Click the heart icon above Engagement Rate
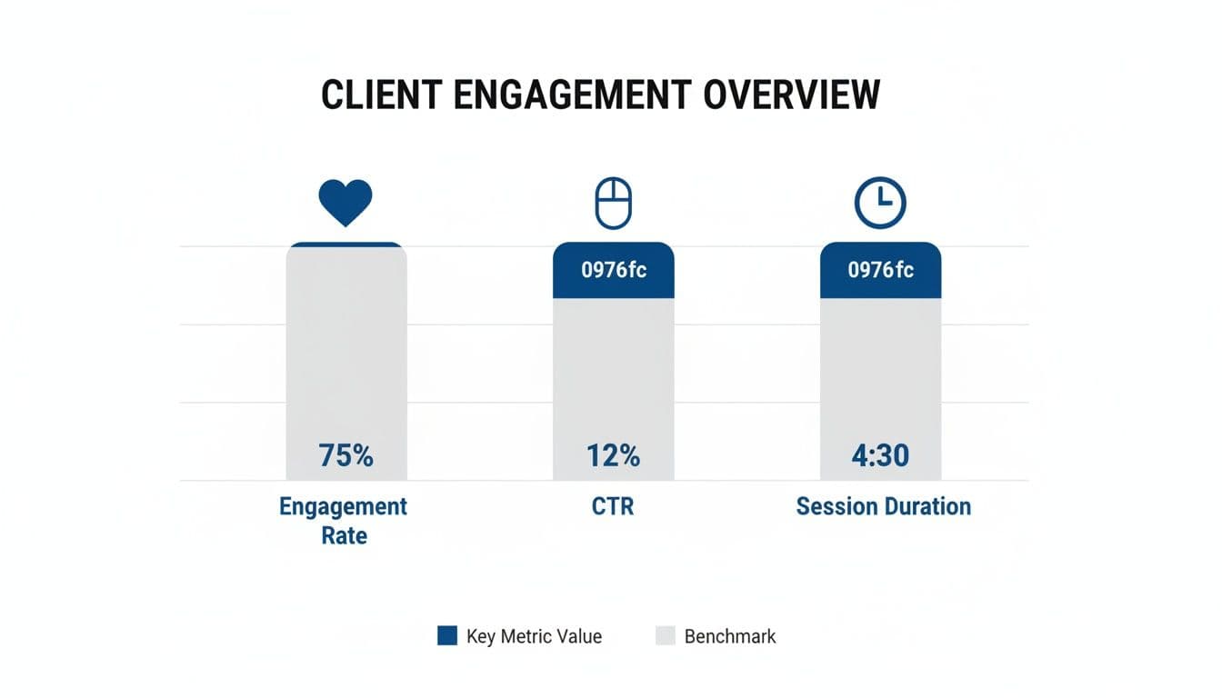[346, 202]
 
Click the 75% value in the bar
[346, 454]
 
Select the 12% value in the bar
[614, 454]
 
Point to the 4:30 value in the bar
[880, 454]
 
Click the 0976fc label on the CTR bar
[614, 270]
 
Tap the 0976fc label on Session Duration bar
[880, 270]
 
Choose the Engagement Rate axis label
[344, 520]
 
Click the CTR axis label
[613, 506]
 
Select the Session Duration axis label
[883, 506]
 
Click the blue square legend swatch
[446, 636]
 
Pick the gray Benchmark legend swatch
[666, 636]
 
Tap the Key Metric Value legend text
[534, 636]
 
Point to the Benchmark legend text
[730, 636]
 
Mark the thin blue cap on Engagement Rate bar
[346, 244]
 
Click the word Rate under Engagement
[344, 535]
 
